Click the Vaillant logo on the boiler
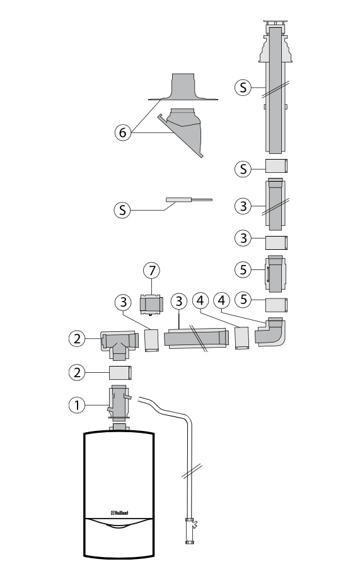tap(120, 513)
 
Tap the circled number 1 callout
tap(77, 405)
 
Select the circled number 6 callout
tap(123, 132)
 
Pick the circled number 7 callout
tap(152, 271)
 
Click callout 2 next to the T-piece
tap(77, 339)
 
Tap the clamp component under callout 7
tap(151, 303)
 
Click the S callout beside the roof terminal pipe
tap(243, 87)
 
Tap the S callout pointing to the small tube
tap(122, 209)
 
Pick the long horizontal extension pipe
tap(196, 339)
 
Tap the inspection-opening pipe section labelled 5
tap(276, 274)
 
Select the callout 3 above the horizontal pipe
tap(179, 302)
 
